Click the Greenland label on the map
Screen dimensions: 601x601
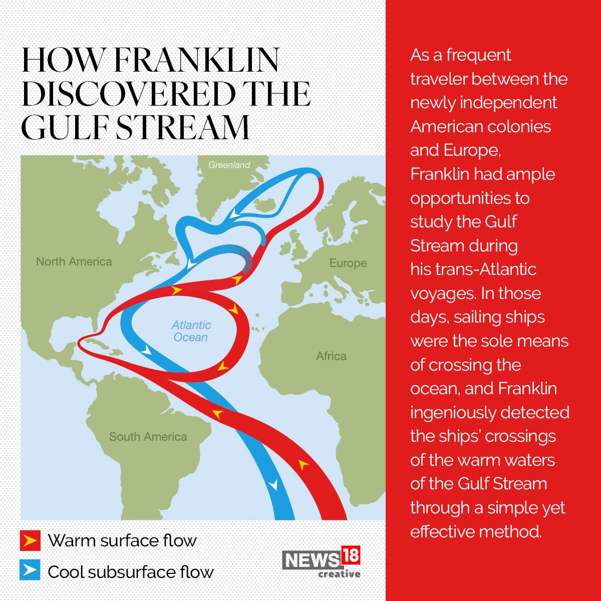[229, 165]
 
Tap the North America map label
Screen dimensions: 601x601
[74, 261]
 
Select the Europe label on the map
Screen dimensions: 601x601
[348, 263]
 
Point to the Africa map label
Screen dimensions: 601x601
[331, 356]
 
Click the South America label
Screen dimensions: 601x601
[148, 437]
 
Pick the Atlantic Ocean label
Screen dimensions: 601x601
[191, 331]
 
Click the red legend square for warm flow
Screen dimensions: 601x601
[30, 541]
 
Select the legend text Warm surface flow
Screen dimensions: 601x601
[122, 541]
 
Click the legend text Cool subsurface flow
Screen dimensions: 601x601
[130, 572]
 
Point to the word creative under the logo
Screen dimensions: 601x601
[339, 574]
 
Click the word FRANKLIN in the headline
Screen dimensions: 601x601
[196, 61]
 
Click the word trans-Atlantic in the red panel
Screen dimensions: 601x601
[486, 269]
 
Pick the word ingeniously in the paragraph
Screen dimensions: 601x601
[453, 413]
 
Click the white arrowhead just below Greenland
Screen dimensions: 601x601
[234, 215]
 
